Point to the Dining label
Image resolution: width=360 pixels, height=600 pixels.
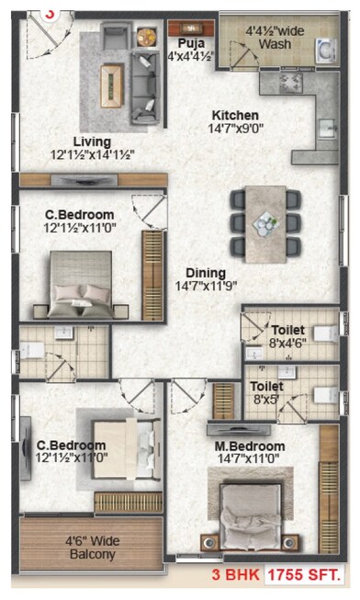[204, 272]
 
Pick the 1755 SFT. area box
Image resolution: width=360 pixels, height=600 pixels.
[304, 576]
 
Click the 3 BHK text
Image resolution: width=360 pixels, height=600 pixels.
[241, 576]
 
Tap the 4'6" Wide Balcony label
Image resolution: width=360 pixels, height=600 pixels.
[91, 548]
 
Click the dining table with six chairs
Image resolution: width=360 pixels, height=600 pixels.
[264, 223]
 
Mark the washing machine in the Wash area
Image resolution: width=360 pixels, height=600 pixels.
[324, 51]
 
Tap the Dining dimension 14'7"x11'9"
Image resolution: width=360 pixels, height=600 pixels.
[204, 286]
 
